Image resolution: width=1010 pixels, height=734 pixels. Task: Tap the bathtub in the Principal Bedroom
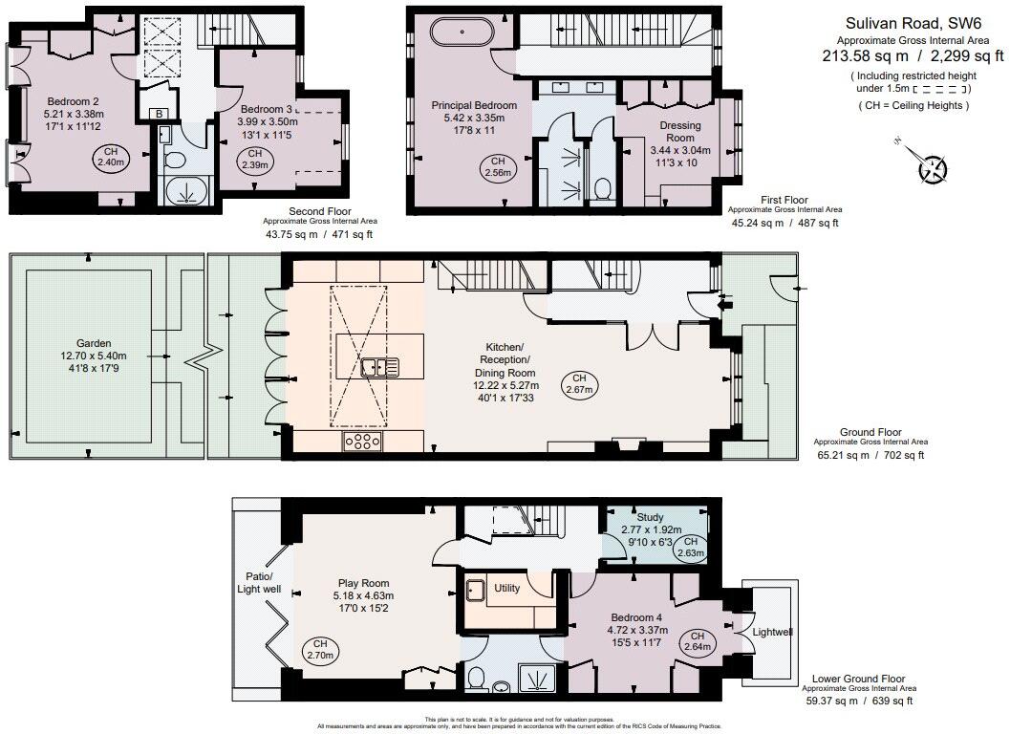(462, 33)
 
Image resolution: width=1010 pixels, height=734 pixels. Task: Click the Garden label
(94, 343)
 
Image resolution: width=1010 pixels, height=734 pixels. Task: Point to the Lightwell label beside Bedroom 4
(772, 632)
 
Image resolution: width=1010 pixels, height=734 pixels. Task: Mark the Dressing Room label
(680, 132)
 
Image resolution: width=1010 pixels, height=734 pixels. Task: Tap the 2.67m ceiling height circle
(578, 383)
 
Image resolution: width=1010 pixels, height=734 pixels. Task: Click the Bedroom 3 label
(267, 109)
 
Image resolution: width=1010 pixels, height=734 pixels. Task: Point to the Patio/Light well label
(259, 583)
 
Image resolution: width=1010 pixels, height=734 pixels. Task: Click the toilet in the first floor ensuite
(603, 187)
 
